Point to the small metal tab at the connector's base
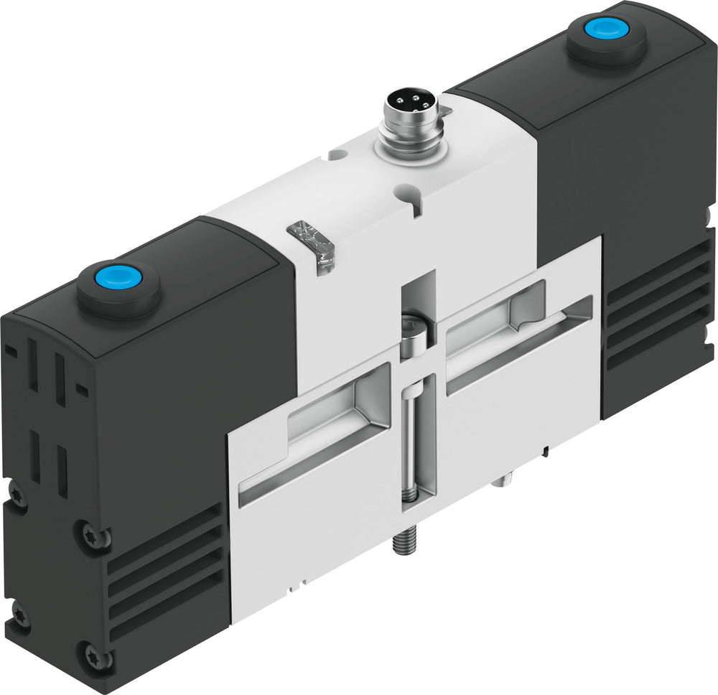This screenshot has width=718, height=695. tap(444, 111)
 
